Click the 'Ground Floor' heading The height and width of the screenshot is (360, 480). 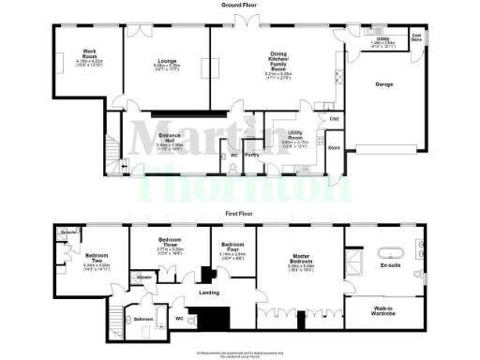(240, 6)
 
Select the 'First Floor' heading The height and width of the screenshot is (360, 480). (240, 214)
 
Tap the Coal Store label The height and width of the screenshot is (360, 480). (415, 39)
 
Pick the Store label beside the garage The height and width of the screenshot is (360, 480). (332, 147)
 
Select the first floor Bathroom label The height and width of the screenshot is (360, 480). (142, 319)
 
